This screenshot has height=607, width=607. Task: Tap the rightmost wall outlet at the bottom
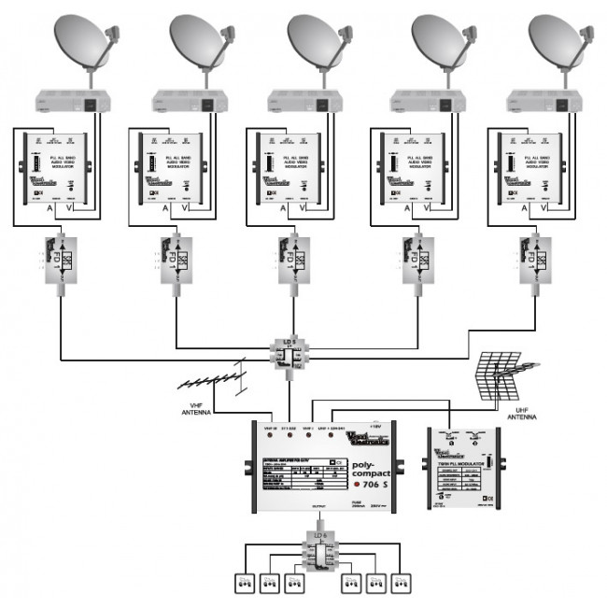pyautogui.click(x=402, y=584)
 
